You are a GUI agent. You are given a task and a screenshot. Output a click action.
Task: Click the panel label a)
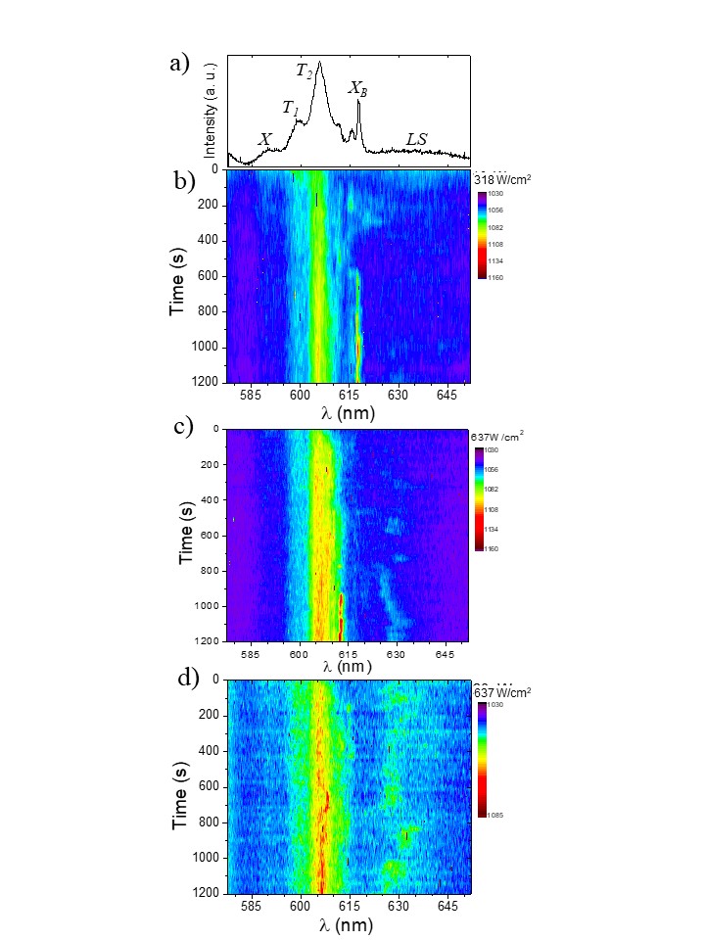(x=178, y=65)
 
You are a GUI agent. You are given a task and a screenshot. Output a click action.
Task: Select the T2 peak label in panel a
(x=305, y=70)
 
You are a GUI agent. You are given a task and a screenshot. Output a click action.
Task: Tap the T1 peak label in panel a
(x=291, y=108)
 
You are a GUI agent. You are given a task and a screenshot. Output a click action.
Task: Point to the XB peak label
(x=358, y=89)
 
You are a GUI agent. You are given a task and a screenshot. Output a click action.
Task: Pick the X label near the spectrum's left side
(x=264, y=140)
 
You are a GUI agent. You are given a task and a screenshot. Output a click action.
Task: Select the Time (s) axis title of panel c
(x=185, y=535)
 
